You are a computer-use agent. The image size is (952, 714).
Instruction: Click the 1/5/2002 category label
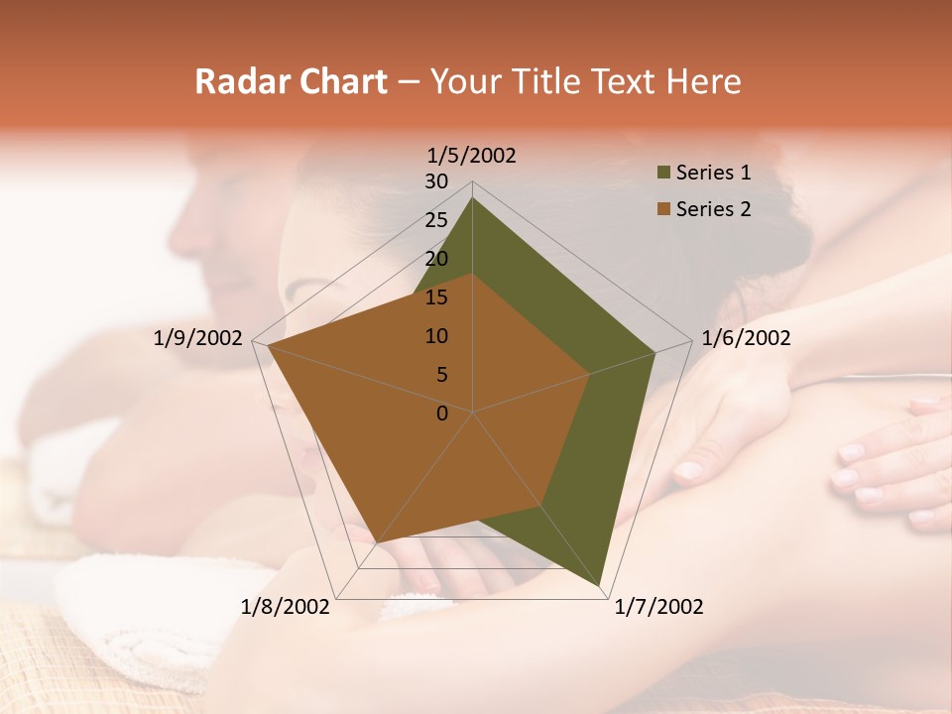coord(471,156)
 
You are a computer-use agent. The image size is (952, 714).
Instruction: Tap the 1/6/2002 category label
coord(746,338)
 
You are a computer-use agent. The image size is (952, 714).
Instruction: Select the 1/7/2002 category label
coord(658,607)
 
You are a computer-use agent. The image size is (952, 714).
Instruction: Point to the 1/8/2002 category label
coord(285,607)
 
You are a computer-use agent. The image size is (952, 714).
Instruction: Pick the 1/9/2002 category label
coord(198,338)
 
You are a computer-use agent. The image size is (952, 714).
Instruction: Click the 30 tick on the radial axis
coord(436,181)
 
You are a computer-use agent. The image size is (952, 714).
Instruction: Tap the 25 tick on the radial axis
coord(436,220)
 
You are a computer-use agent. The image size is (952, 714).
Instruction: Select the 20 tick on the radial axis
coord(436,259)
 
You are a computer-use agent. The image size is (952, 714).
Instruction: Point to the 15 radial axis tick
coord(436,297)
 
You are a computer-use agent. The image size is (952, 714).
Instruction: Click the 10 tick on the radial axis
coord(436,336)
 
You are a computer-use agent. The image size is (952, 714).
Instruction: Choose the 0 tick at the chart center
coord(442,414)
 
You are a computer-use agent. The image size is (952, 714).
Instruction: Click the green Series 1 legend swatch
coord(661,174)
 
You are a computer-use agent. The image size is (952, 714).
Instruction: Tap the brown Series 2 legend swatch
coord(661,209)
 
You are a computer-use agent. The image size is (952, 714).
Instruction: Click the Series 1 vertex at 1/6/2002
coord(654,352)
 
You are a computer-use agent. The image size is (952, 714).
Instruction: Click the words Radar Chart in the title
coord(291,81)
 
